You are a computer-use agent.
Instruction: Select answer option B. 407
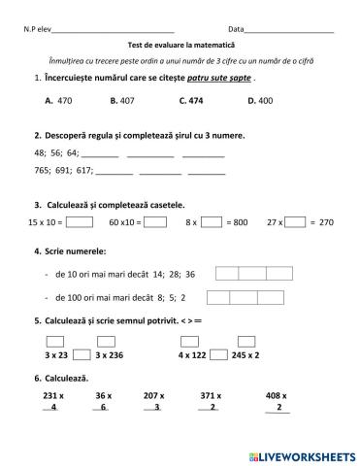[x=121, y=100]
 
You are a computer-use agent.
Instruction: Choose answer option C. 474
[x=191, y=100]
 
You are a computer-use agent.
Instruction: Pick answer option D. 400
[x=260, y=100]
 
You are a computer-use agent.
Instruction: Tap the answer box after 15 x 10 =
[x=81, y=222]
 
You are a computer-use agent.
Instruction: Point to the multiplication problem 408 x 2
[x=278, y=402]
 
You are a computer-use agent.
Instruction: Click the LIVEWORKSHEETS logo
[x=304, y=454]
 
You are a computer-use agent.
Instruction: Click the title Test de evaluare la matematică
[x=180, y=45]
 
